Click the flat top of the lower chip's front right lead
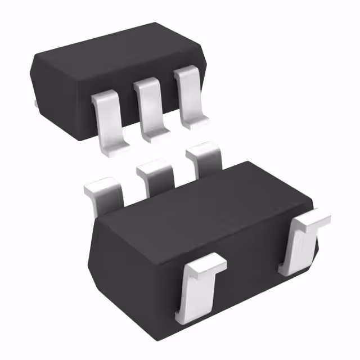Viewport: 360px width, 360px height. click(x=313, y=220)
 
